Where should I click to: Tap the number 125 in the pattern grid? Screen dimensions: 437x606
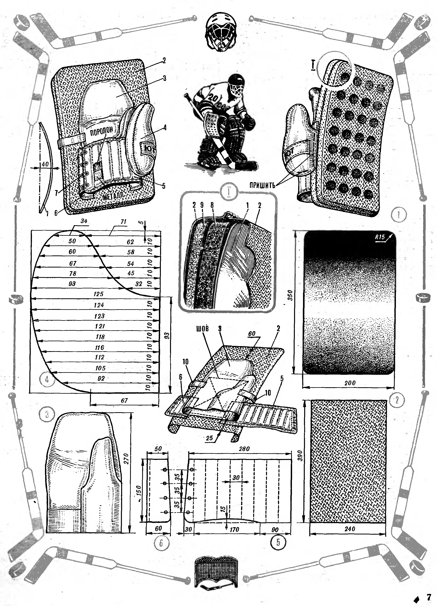(x=99, y=294)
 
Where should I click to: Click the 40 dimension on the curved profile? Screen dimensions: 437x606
(x=45, y=164)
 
